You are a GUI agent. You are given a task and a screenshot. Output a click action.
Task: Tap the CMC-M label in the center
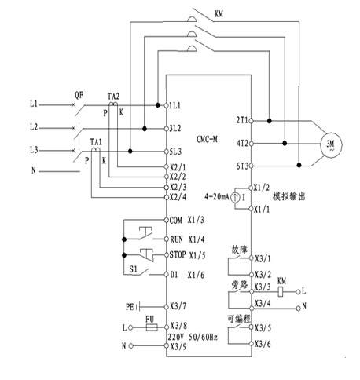[207, 139]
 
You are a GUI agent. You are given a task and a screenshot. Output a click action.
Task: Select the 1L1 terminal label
[174, 105]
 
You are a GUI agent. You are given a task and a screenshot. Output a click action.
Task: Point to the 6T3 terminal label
[242, 166]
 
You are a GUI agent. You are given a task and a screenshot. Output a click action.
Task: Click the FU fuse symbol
[152, 327]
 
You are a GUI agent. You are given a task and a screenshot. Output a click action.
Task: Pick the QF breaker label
[79, 95]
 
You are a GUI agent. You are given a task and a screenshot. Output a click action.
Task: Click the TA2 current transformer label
[113, 97]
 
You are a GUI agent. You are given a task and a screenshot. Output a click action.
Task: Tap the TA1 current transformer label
[96, 142]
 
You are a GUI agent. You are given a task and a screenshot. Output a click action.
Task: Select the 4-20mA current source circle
[235, 198]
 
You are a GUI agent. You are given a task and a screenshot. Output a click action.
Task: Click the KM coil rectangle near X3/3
[281, 291]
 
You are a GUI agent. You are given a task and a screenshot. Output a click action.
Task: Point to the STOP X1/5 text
[187, 254]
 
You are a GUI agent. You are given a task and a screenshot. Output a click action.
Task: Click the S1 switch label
[133, 269]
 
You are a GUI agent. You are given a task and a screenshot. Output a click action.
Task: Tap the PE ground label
[130, 307]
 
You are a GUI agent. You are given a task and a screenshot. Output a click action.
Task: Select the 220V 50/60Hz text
[193, 337]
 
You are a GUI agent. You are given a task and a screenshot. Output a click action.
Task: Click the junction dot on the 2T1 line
[269, 121]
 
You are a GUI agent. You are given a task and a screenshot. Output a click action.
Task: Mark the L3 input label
[34, 150]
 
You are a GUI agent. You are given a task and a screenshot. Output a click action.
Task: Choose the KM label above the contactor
[219, 13]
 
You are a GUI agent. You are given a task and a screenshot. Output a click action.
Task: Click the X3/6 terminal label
[263, 344]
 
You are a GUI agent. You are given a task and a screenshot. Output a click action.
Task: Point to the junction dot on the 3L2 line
[145, 129]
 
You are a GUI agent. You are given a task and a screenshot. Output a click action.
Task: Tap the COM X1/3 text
[186, 220]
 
